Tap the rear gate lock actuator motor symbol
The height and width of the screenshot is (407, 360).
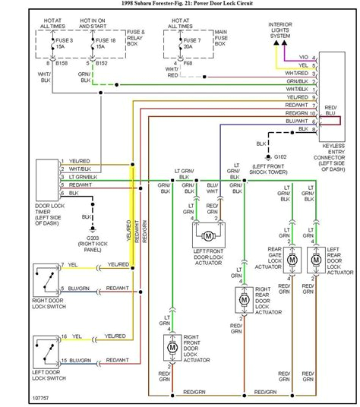click(292, 259)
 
